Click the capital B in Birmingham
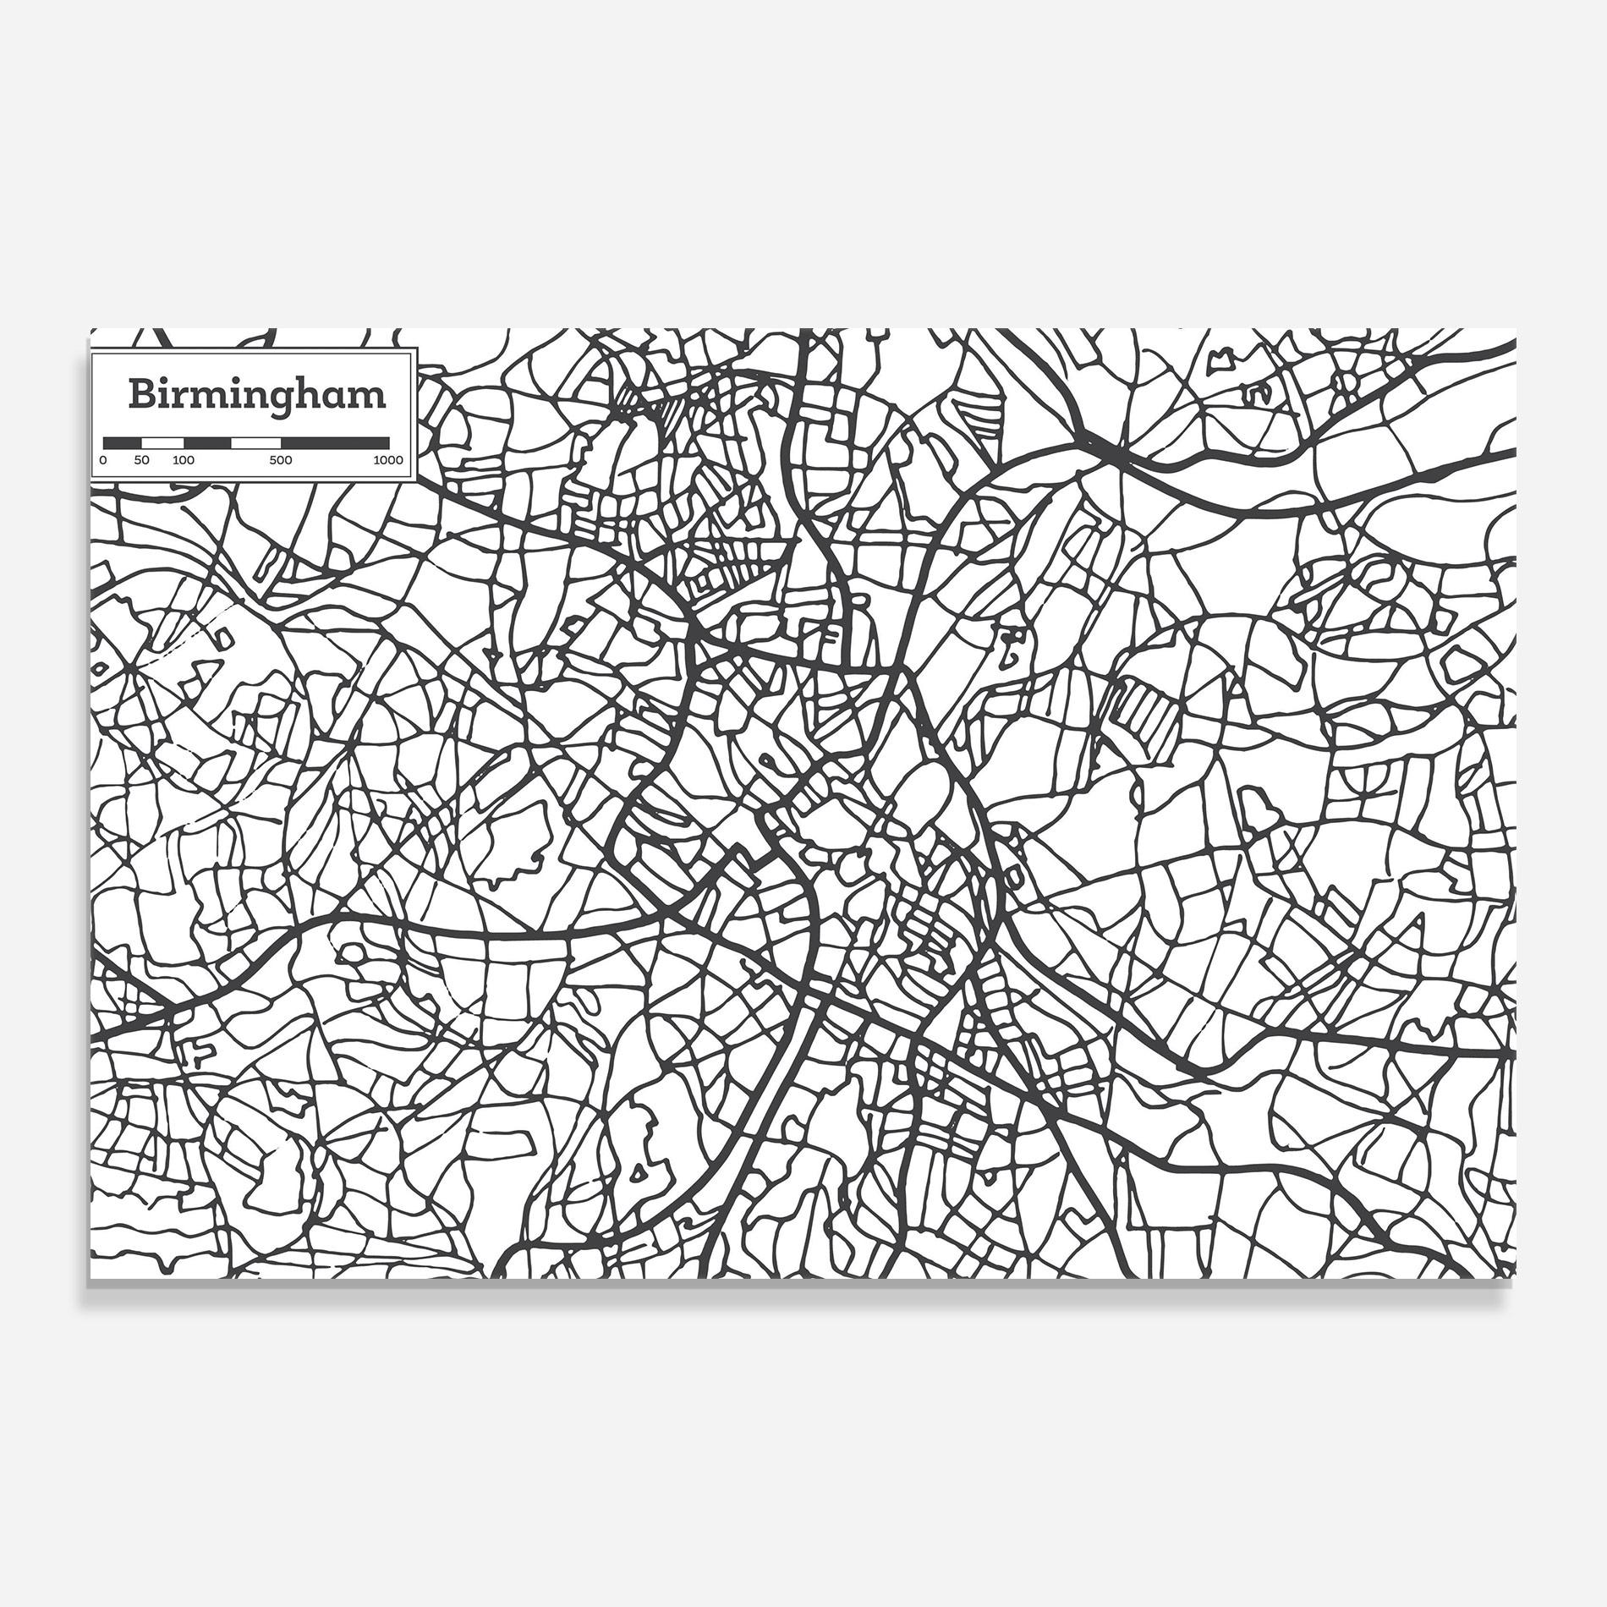141,394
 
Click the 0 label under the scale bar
103,461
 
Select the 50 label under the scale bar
141,461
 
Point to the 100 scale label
184,461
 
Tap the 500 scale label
281,461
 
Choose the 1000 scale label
389,461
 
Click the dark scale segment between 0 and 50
122,442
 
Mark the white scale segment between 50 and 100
162,442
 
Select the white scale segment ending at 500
256,442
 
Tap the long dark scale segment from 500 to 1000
335,442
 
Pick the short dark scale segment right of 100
207,442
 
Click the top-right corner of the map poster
1516,330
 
